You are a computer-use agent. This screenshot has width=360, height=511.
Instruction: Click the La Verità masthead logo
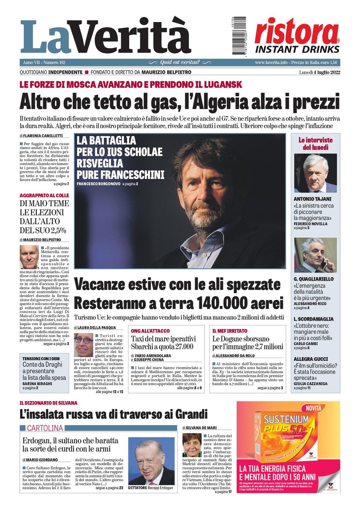coord(105,37)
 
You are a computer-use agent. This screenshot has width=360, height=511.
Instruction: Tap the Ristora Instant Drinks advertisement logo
coord(297,36)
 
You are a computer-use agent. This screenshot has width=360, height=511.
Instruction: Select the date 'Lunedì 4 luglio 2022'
coord(319,72)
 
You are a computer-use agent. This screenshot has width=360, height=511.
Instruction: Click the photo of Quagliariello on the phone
coord(315,255)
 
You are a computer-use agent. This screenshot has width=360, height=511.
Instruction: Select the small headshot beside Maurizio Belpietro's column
coord(29,257)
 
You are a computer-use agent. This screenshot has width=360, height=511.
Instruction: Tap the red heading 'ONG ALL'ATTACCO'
coord(150,331)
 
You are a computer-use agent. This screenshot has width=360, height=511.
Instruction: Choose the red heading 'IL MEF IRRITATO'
coord(230,331)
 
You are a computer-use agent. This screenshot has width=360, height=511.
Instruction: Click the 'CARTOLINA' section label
coord(45,428)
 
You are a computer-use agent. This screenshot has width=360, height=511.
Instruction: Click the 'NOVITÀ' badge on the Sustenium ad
coord(313,408)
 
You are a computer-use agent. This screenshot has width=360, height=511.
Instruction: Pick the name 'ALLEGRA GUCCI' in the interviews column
coord(310,359)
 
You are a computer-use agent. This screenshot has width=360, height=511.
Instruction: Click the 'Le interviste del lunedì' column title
coord(315,144)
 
